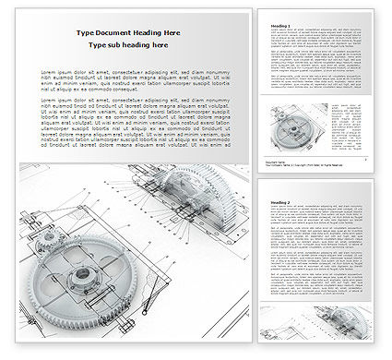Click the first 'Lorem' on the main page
(x=49, y=73)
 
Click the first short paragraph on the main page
(x=134, y=82)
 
